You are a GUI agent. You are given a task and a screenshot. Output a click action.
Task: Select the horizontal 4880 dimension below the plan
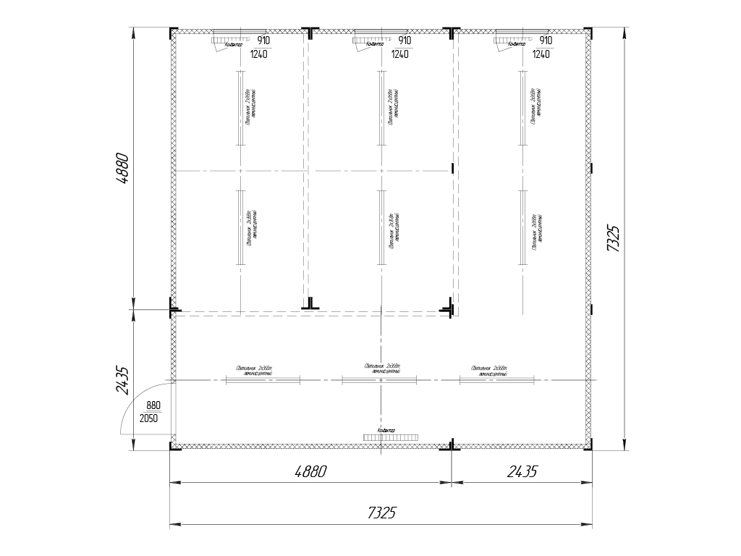[311, 471]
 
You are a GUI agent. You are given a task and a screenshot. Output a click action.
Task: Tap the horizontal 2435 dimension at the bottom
[522, 471]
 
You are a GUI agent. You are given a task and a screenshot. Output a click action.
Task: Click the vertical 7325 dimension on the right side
[613, 237]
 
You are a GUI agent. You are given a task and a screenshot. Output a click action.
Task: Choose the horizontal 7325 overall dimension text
[381, 513]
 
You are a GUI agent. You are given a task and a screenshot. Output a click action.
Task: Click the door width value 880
[153, 405]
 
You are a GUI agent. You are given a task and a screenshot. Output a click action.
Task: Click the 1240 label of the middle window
[399, 54]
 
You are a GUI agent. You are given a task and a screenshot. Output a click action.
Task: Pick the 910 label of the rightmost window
[546, 41]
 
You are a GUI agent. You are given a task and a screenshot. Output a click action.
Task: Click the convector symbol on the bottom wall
[391, 437]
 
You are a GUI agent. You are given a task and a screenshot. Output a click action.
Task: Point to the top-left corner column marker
[174, 33]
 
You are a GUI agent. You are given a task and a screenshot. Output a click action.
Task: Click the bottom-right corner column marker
[589, 446]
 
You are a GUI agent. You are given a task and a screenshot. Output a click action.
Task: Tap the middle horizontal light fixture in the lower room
[381, 379]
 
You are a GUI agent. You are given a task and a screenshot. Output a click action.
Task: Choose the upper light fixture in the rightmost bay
[522, 108]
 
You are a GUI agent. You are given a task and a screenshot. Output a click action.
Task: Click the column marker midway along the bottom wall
[452, 445]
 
